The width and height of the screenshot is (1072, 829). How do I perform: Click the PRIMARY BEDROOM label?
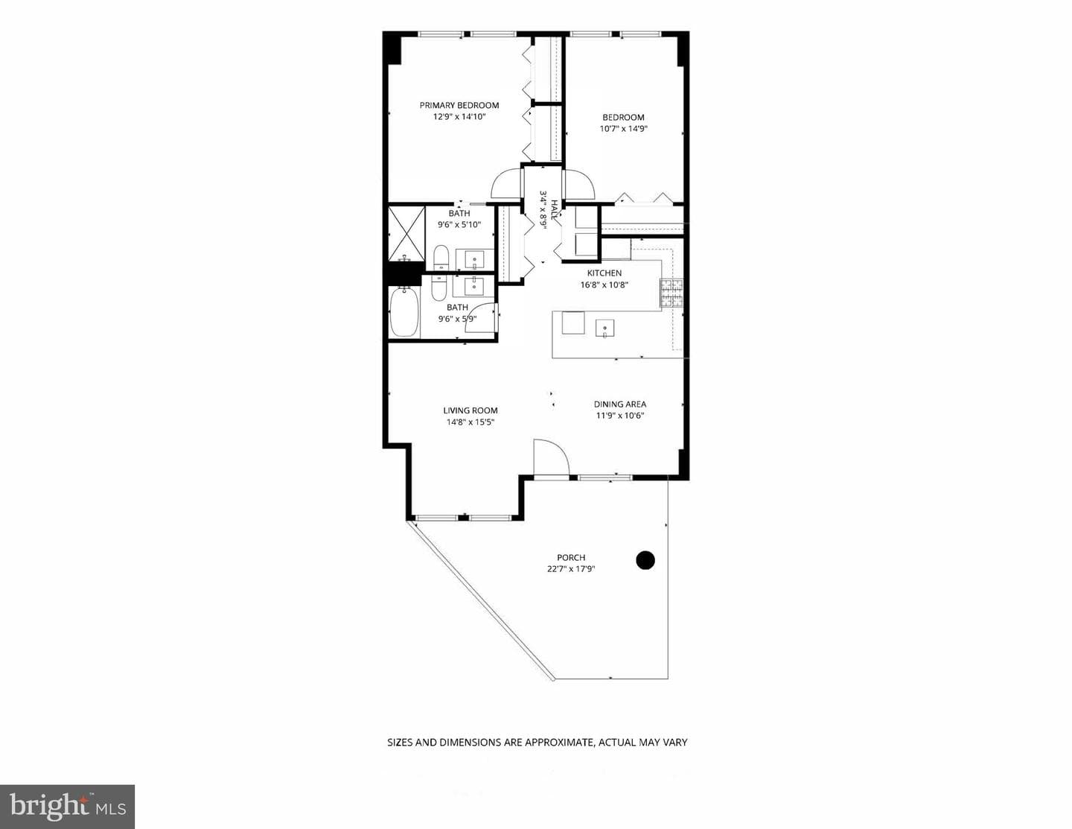[x=459, y=105]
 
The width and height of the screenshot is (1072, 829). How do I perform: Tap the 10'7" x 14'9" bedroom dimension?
[x=623, y=129]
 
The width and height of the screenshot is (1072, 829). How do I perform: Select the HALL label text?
[x=555, y=210]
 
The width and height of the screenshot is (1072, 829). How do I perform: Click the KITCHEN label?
[x=604, y=273]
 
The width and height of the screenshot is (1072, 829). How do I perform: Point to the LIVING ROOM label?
[x=470, y=410]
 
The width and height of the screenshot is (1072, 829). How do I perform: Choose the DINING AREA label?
[x=620, y=404]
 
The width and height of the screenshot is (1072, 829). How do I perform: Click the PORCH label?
[x=571, y=557]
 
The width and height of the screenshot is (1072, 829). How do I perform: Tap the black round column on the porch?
[x=645, y=560]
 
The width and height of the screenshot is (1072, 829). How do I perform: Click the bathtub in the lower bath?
[x=404, y=312]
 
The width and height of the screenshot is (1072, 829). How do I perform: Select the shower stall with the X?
[x=406, y=233]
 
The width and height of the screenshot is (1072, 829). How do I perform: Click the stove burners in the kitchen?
[x=671, y=293]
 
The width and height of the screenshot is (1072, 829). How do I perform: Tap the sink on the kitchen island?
[x=604, y=328]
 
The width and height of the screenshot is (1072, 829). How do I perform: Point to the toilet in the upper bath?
[x=440, y=258]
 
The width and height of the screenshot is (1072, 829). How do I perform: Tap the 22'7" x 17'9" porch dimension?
[x=571, y=569]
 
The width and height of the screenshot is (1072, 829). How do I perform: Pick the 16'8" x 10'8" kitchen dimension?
[x=604, y=285]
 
